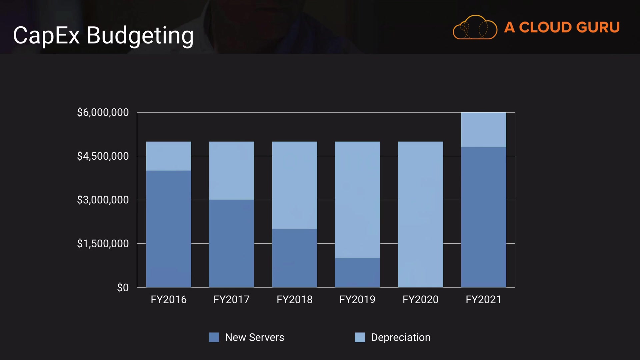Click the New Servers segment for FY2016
169,229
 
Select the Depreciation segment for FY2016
169,156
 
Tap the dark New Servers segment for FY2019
357,272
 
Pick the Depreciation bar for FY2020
420,214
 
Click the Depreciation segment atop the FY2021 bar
483,130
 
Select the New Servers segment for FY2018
295,258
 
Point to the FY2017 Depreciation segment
231,171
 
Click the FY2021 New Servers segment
483,217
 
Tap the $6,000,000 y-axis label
103,112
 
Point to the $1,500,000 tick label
103,244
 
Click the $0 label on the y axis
123,287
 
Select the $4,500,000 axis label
103,156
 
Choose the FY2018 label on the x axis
295,300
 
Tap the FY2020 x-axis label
420,300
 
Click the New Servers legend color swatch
214,337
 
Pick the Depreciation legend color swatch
360,337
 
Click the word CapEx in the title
46,35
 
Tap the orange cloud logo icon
475,27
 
